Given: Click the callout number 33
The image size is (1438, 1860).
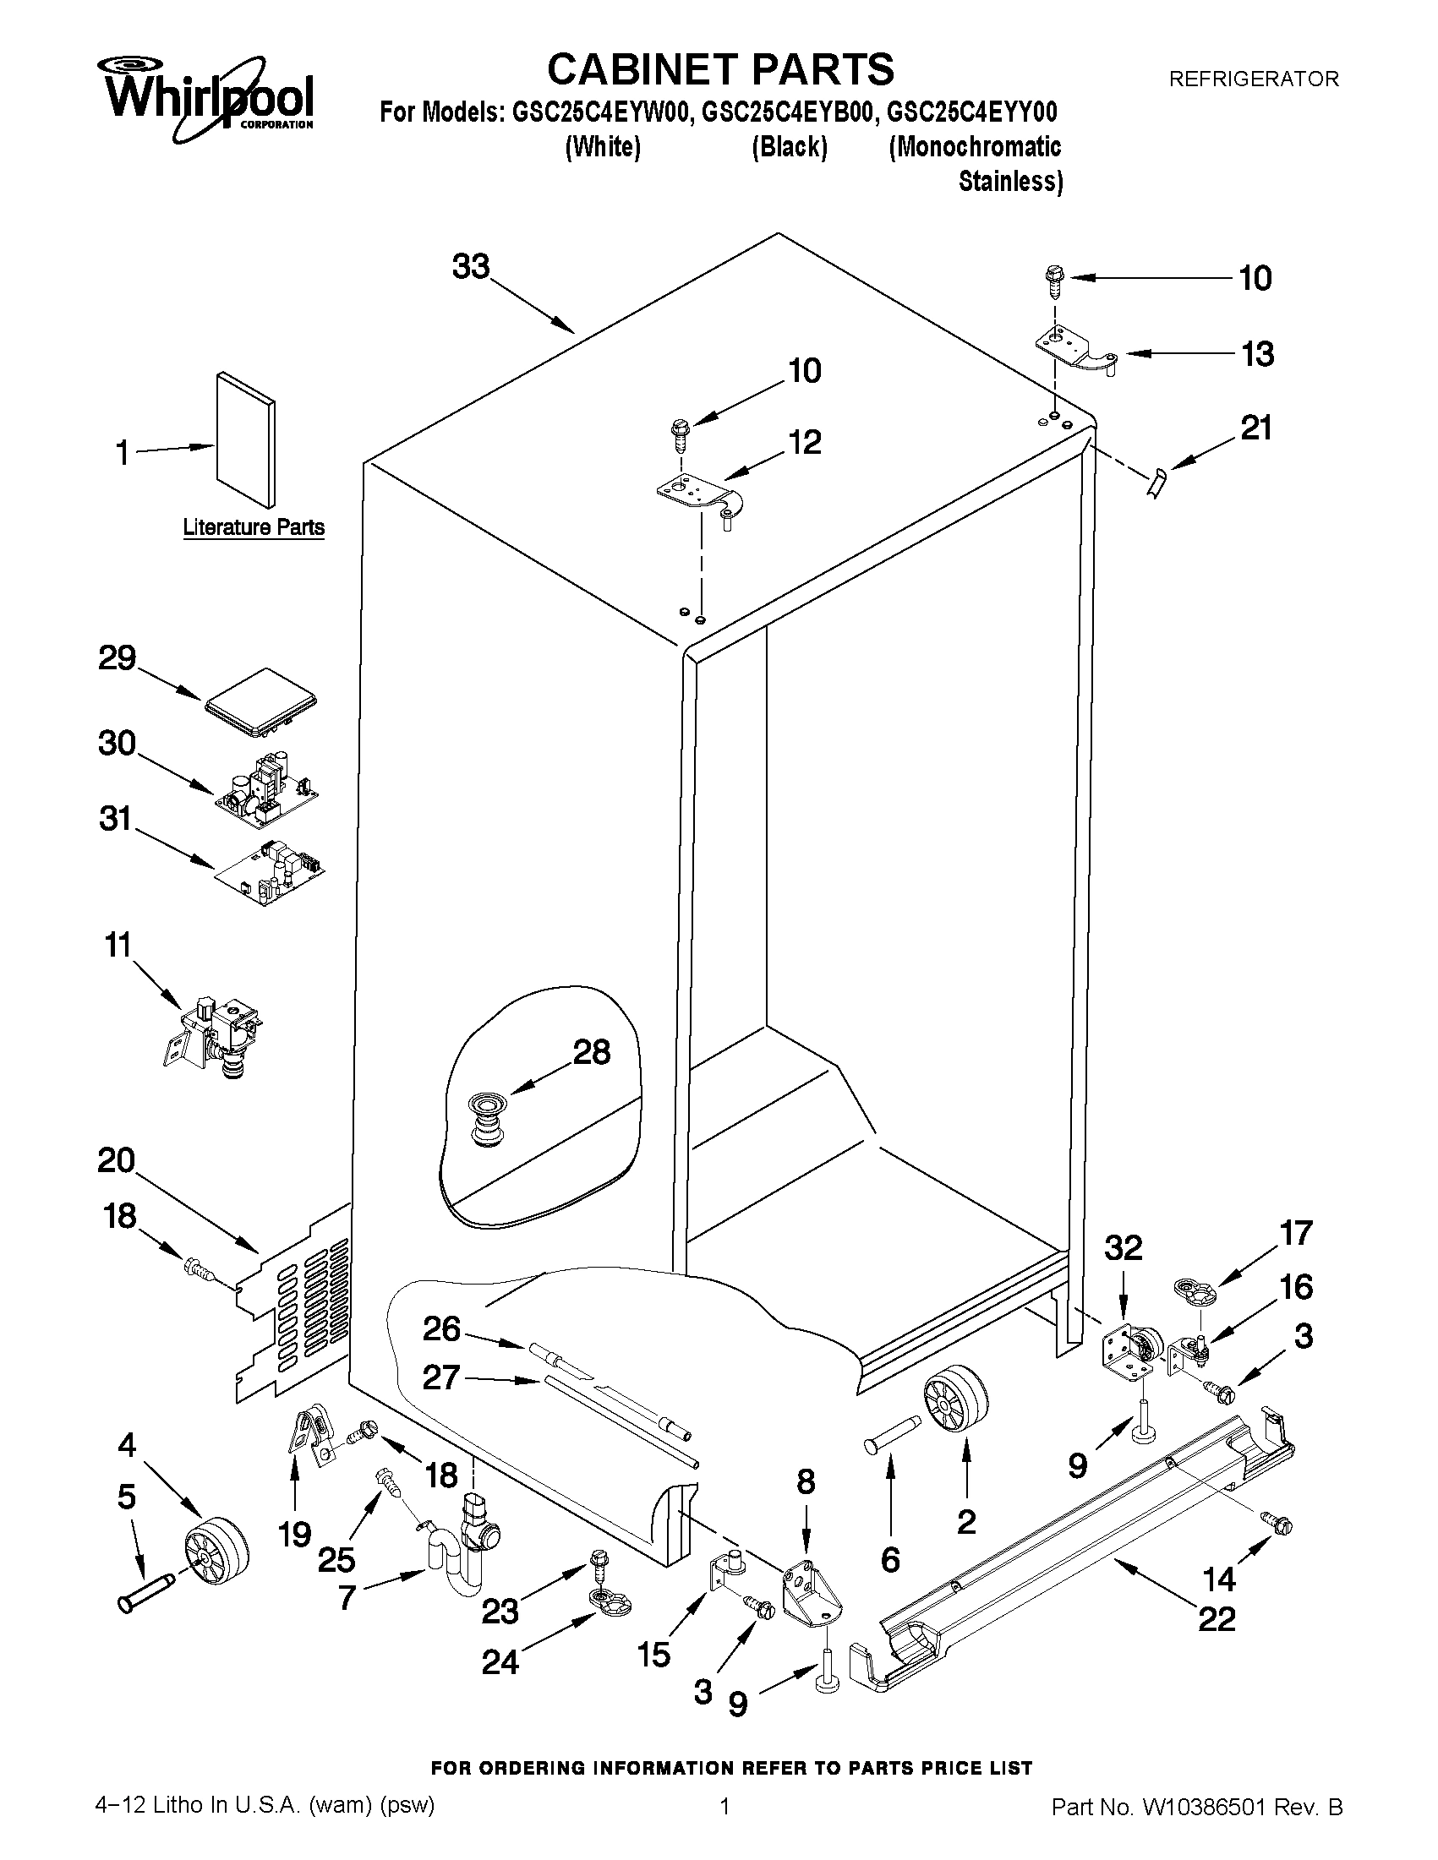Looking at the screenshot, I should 471,266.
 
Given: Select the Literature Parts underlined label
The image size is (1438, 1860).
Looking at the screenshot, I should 254,527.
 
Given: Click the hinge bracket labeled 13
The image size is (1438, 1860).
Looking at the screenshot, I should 1076,350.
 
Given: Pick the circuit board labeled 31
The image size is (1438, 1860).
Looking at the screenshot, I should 271,872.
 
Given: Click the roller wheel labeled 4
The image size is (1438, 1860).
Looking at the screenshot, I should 216,1552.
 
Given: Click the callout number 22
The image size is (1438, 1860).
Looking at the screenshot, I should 1216,1618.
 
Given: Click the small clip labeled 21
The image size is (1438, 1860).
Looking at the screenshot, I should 1156,483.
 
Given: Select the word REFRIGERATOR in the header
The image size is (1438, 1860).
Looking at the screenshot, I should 1253,79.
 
